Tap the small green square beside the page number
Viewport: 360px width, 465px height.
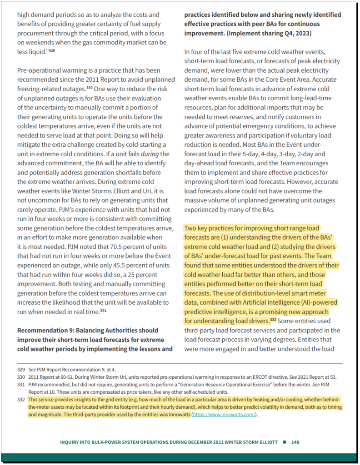[x=284, y=442]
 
